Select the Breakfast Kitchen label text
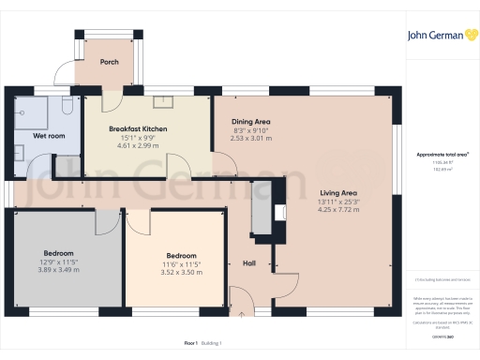click(x=138, y=127)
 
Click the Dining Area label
click(x=250, y=122)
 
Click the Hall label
click(x=250, y=262)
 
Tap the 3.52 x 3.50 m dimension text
click(x=181, y=272)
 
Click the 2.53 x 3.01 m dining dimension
click(x=250, y=138)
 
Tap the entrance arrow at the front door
click(x=243, y=315)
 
